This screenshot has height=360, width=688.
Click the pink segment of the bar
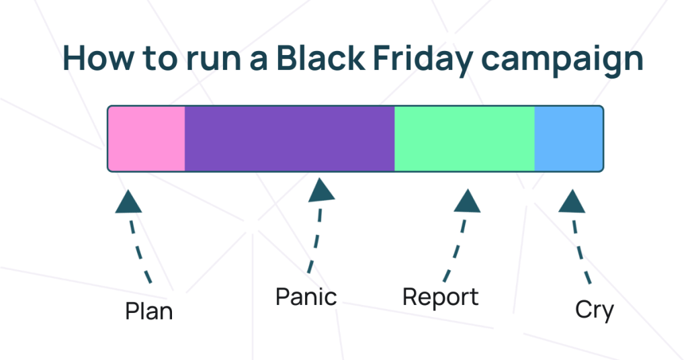click(146, 138)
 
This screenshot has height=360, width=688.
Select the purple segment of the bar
click(290, 138)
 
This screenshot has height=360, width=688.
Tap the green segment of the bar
click(464, 138)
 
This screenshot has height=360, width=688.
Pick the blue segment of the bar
click(568, 138)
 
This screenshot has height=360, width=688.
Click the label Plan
click(148, 312)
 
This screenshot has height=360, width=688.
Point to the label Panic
click(306, 297)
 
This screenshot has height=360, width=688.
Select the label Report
click(441, 298)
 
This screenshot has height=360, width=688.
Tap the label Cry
click(595, 310)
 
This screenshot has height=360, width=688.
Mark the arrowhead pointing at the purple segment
click(321, 190)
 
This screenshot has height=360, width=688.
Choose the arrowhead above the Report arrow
click(468, 201)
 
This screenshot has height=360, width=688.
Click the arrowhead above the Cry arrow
click(572, 201)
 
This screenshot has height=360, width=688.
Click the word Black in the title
click(320, 58)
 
